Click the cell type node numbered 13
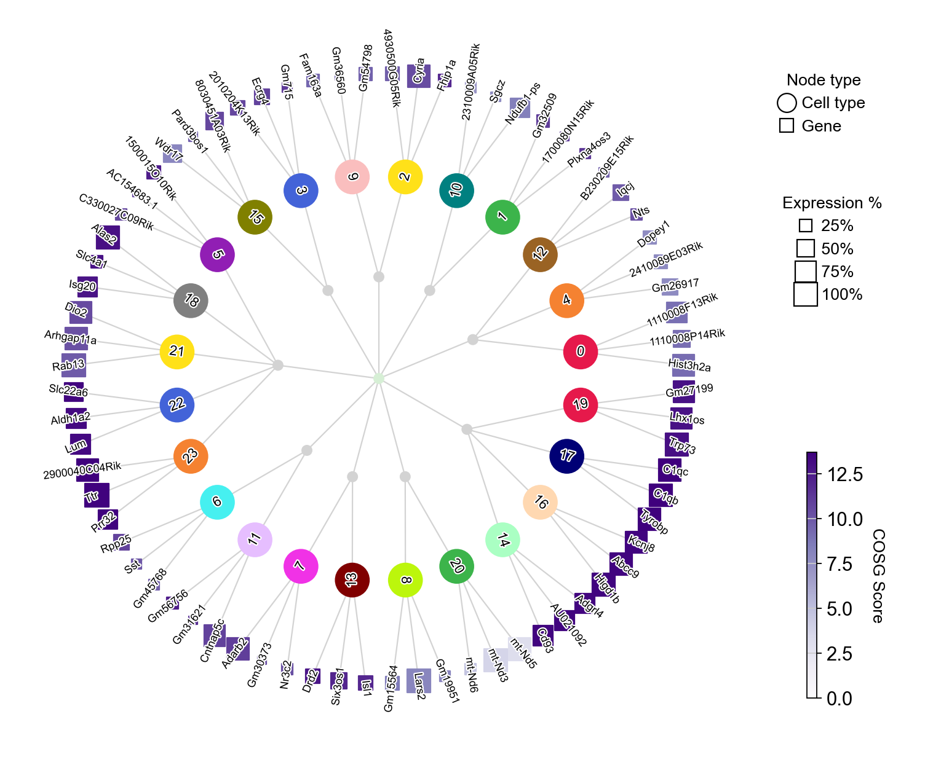point(352,579)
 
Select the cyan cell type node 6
point(217,501)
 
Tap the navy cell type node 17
point(566,455)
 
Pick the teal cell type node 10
point(456,190)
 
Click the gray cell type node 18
point(191,300)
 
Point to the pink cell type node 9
point(352,176)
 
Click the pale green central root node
point(379,378)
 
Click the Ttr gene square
point(97,495)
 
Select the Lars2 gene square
point(419,681)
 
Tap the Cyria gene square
point(419,76)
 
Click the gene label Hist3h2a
point(689,366)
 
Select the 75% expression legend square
point(806,272)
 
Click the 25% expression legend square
point(806,226)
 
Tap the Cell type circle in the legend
point(787,103)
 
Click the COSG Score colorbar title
point(878,576)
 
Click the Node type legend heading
point(824,80)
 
